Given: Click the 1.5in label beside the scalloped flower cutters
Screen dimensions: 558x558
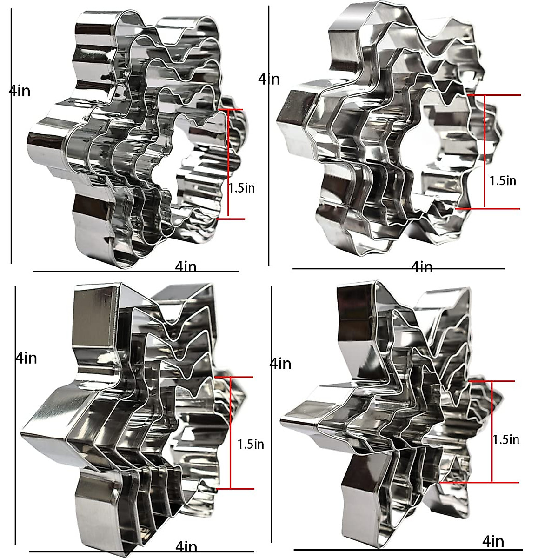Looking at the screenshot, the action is pyautogui.click(x=241, y=188).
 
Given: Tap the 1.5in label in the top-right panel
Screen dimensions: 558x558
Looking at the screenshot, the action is pyautogui.click(x=503, y=181).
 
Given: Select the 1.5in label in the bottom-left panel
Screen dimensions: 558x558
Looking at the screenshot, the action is pyautogui.click(x=251, y=444).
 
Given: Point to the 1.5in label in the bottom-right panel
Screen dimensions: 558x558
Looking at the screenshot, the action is pyautogui.click(x=506, y=439).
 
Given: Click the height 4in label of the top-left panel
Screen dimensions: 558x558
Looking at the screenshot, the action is pyautogui.click(x=20, y=91).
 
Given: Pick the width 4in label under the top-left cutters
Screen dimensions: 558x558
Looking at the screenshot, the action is pyautogui.click(x=186, y=267).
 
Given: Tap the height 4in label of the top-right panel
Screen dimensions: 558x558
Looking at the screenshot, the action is pyautogui.click(x=269, y=79).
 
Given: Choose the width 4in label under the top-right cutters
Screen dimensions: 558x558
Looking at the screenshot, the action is pyautogui.click(x=422, y=267).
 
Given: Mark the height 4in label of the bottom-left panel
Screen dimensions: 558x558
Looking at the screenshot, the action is pyautogui.click(x=27, y=358).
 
